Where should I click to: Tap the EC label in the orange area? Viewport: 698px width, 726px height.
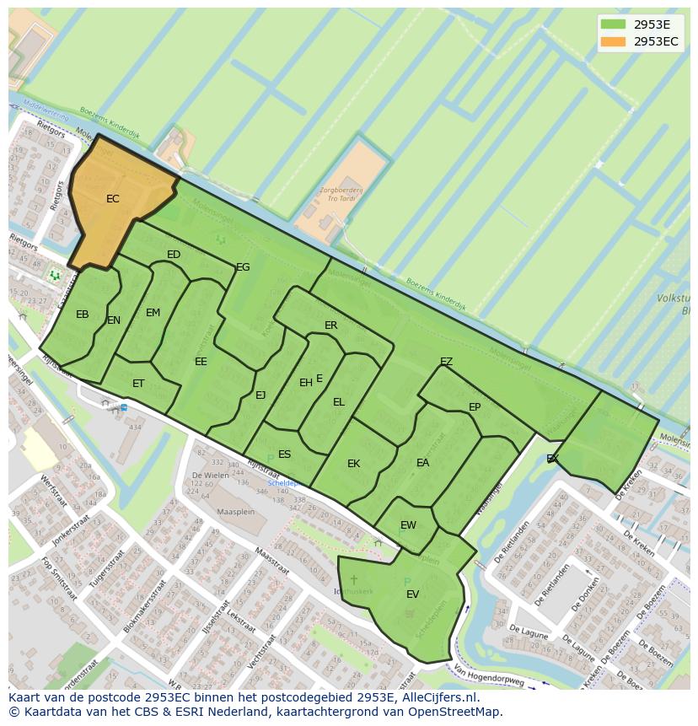tap(113, 199)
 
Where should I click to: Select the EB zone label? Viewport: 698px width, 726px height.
tap(83, 315)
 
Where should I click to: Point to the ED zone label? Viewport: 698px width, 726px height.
tap(174, 255)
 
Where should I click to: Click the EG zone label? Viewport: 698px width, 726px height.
tap(243, 267)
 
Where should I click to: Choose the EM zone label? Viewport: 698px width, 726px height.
tap(153, 313)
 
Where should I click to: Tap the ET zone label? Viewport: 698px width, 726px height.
tap(138, 384)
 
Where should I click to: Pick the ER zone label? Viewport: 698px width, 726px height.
tap(331, 325)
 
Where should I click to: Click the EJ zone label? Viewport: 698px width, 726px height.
tap(260, 395)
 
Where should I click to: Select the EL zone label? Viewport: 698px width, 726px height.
tap(339, 402)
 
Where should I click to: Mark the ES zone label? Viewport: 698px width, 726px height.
tap(285, 454)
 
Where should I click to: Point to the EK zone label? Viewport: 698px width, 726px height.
tap(354, 464)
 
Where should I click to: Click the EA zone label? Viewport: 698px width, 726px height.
tap(423, 463)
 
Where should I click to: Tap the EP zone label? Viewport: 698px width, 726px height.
tap(475, 407)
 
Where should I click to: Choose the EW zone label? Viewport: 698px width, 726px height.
tap(408, 525)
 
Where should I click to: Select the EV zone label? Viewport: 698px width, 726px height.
tap(413, 594)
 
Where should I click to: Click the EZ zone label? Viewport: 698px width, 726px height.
tap(447, 362)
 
